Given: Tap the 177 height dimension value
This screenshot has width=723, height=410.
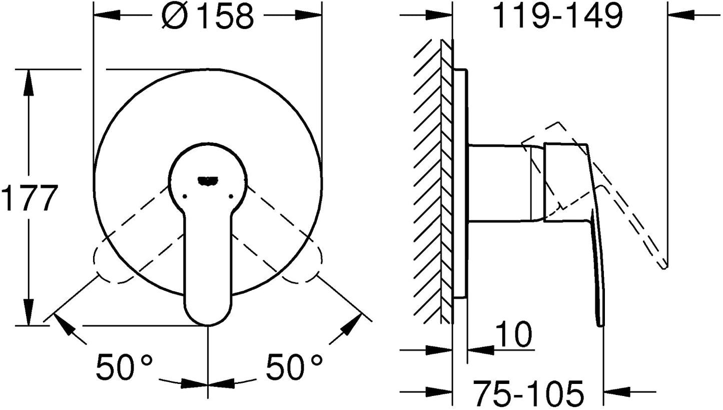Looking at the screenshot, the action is (x=30, y=197).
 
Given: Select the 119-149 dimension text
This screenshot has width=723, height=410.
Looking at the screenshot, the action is (x=558, y=17).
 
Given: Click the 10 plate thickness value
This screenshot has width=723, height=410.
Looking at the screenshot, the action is (x=513, y=334).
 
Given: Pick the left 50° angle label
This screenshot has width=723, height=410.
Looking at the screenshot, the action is (x=124, y=367).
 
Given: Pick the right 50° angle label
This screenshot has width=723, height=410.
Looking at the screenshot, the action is (x=294, y=367).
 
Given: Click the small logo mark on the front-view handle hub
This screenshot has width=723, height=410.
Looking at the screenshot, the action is (x=208, y=181).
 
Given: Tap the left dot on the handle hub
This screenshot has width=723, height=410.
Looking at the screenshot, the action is (x=185, y=196).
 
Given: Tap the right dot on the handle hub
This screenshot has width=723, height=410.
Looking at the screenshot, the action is (x=231, y=196).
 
